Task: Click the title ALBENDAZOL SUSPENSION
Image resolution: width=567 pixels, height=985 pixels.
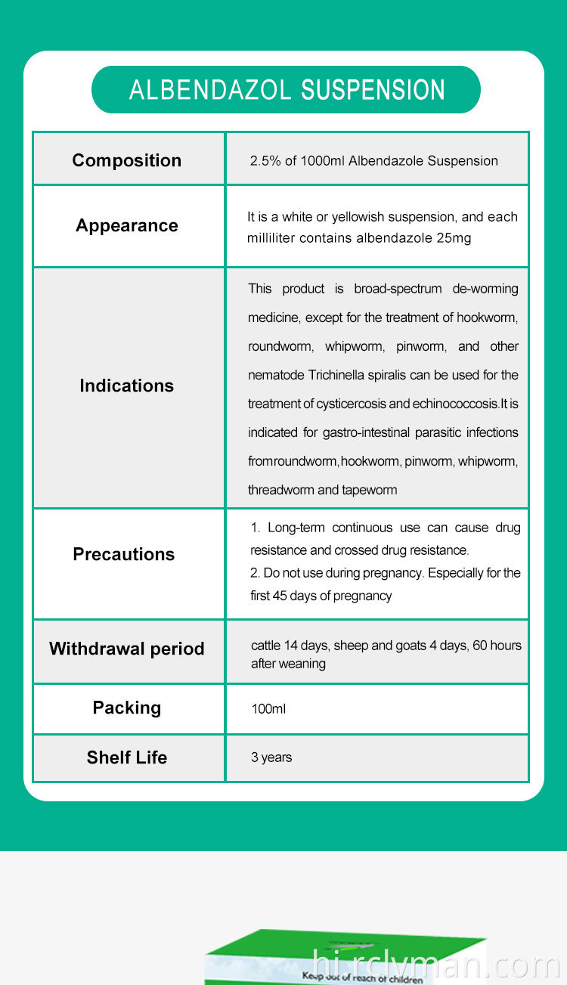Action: pyautogui.click(x=287, y=90)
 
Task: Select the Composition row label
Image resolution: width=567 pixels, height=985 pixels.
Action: pyautogui.click(x=127, y=160)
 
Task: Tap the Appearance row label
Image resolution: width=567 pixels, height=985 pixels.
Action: pyautogui.click(x=127, y=225)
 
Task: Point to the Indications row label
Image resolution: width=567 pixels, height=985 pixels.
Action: pyautogui.click(x=127, y=386)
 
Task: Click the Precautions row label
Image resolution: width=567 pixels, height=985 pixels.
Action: pyautogui.click(x=124, y=554)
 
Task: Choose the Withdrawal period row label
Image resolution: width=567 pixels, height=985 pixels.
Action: pyautogui.click(x=127, y=649)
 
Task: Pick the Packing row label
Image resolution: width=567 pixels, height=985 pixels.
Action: pyautogui.click(x=127, y=708)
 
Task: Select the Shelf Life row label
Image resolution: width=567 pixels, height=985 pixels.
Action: pyautogui.click(x=127, y=757)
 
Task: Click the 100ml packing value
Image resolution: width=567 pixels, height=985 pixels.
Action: pyautogui.click(x=268, y=709)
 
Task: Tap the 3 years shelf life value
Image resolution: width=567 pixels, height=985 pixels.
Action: pyautogui.click(x=271, y=757)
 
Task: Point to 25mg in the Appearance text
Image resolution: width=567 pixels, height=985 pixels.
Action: pyautogui.click(x=454, y=239)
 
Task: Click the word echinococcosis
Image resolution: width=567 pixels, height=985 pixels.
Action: pyautogui.click(x=455, y=404)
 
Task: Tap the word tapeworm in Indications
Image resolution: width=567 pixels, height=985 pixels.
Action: pyautogui.click(x=370, y=490)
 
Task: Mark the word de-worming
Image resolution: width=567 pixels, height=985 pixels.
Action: pyautogui.click(x=485, y=289)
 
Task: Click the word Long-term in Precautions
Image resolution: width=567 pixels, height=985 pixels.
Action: pyautogui.click(x=296, y=528)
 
